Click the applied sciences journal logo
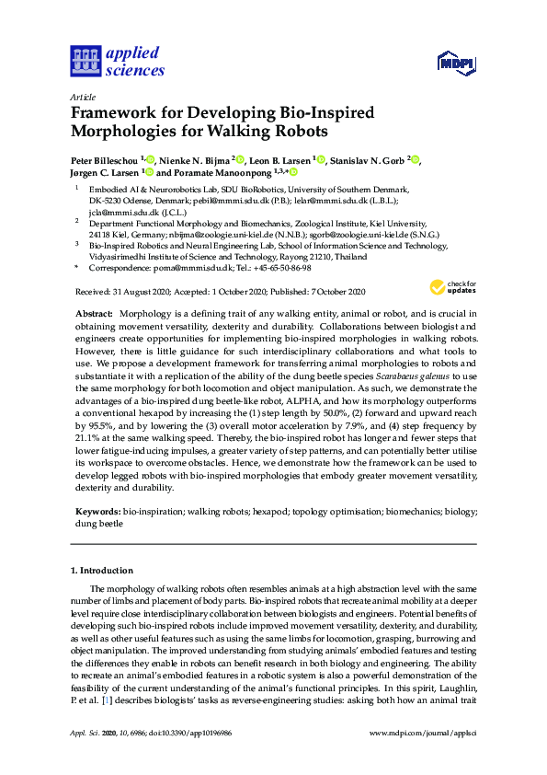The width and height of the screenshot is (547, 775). click(118, 60)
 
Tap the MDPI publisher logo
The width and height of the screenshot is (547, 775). click(453, 64)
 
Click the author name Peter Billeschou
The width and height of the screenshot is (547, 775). click(104, 159)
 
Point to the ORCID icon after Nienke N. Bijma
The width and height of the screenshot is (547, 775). click(239, 159)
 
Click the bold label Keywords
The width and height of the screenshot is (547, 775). click(97, 509)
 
